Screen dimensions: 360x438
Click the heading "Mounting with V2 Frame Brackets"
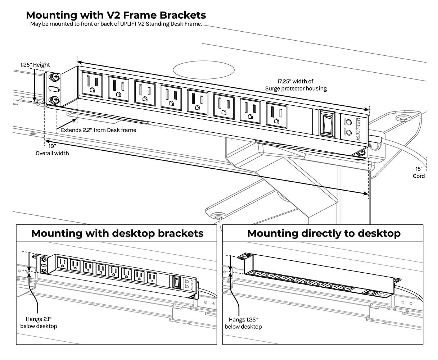116,15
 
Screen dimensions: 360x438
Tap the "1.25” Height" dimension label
35,65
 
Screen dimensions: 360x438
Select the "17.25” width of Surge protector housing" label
295,85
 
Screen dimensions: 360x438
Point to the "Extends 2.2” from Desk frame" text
98,130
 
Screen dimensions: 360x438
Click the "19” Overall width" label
52,150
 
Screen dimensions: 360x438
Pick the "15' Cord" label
419,172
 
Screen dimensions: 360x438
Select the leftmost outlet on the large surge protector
92,85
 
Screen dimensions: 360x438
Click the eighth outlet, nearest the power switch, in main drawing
277,115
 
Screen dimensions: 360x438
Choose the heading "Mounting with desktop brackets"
117,233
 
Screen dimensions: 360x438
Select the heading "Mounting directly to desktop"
324,233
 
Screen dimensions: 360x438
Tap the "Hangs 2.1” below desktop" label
39,322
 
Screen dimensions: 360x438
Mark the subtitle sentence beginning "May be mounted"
116,24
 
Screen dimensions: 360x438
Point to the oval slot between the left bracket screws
54,88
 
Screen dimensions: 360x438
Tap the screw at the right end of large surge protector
360,154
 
